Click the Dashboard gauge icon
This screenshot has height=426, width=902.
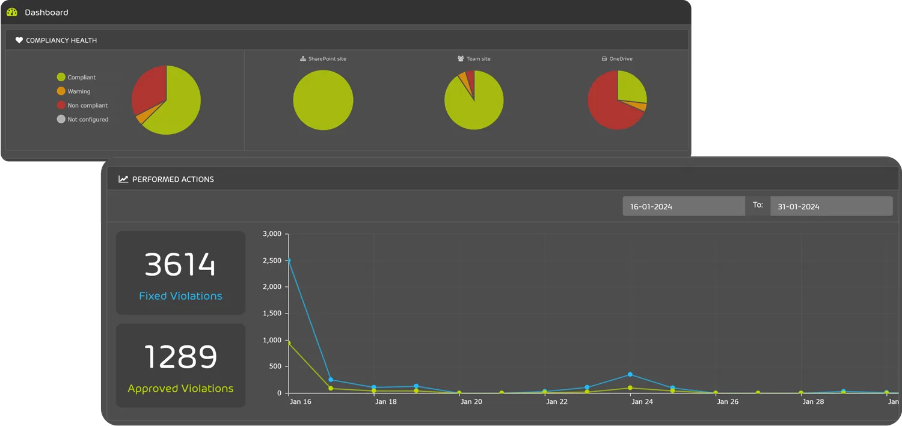click(12, 12)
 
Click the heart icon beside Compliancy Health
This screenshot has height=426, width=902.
click(19, 40)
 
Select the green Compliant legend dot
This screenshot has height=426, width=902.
click(61, 77)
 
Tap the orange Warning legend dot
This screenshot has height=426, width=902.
click(61, 91)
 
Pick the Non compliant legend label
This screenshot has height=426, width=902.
click(87, 105)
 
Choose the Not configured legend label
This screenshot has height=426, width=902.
click(88, 119)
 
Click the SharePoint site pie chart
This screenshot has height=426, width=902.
click(323, 100)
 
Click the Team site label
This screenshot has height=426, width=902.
click(478, 59)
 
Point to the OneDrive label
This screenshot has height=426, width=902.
click(621, 59)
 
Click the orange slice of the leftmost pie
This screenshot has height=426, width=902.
click(141, 118)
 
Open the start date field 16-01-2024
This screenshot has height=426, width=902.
click(683, 206)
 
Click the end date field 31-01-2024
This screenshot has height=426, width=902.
click(831, 206)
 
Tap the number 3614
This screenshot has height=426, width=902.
click(180, 265)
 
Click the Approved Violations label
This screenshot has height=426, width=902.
click(180, 389)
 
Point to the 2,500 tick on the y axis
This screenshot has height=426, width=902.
click(272, 261)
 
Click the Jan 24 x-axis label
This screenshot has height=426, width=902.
click(641, 402)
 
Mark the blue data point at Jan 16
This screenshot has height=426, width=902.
click(289, 261)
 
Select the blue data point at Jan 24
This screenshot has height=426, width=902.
click(630, 374)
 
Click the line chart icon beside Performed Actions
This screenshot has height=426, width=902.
click(123, 179)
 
